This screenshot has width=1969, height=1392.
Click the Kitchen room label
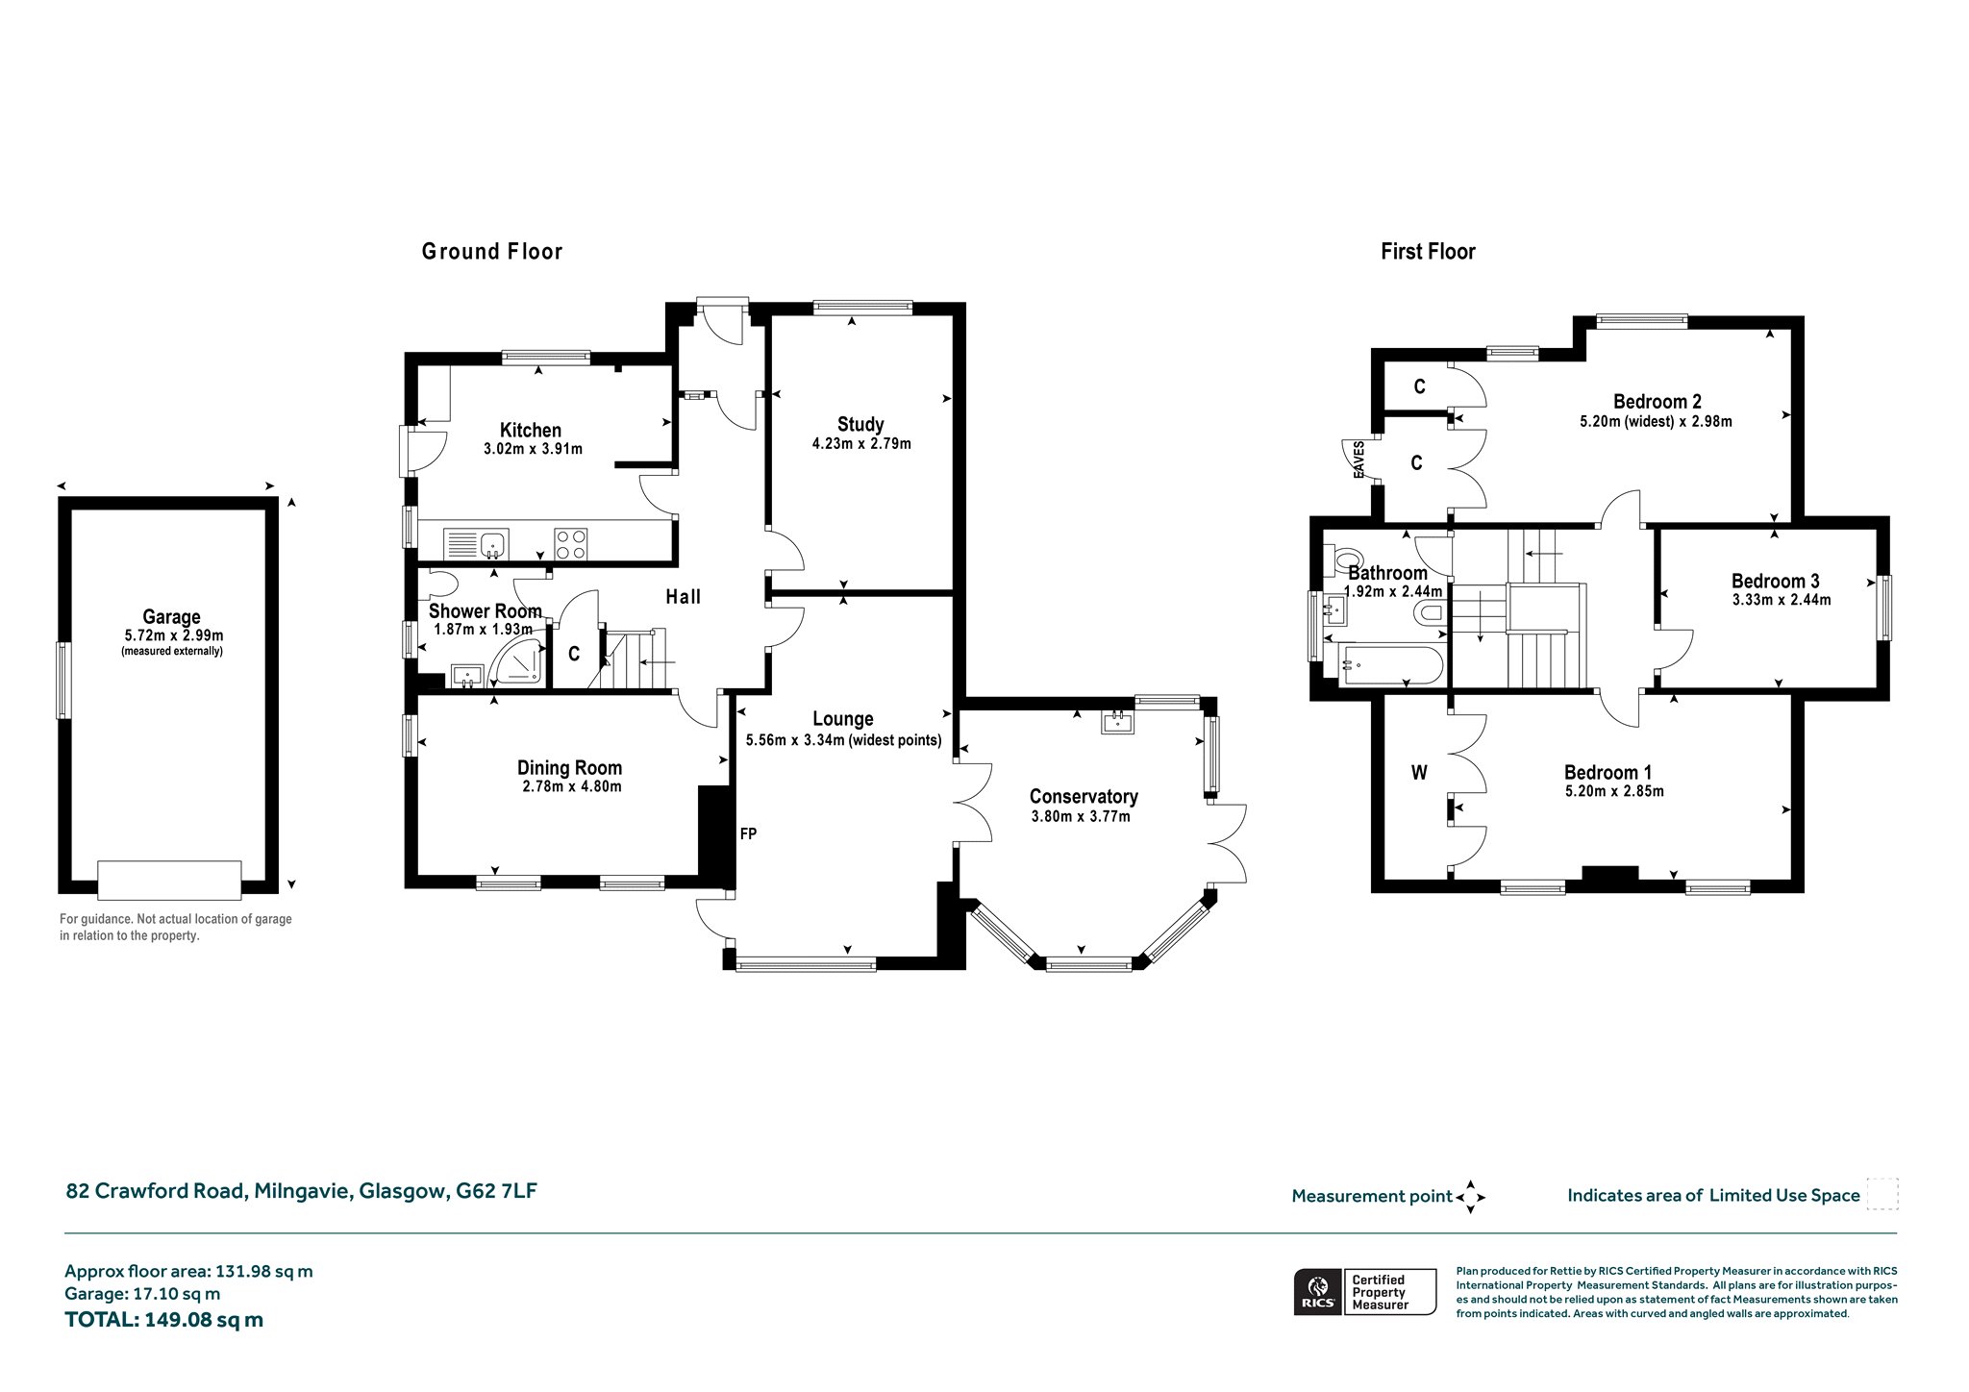click(531, 430)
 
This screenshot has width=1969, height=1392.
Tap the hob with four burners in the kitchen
click(571, 544)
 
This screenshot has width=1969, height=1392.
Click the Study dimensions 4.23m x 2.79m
click(861, 444)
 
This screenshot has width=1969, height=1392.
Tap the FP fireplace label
click(748, 833)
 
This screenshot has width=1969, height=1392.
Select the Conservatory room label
click(1084, 796)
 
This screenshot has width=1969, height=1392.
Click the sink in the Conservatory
click(1117, 722)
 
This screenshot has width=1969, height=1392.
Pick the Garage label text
click(171, 617)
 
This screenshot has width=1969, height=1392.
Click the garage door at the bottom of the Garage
click(169, 880)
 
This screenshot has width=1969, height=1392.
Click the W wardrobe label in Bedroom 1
click(1419, 772)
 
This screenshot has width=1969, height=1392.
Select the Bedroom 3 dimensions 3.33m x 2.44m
click(1782, 600)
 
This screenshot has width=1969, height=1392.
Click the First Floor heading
click(1428, 252)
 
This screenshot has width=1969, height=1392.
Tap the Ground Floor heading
click(492, 252)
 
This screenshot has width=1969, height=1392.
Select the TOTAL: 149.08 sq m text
click(163, 1319)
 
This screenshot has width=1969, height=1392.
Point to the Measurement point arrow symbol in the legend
click(1470, 1197)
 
